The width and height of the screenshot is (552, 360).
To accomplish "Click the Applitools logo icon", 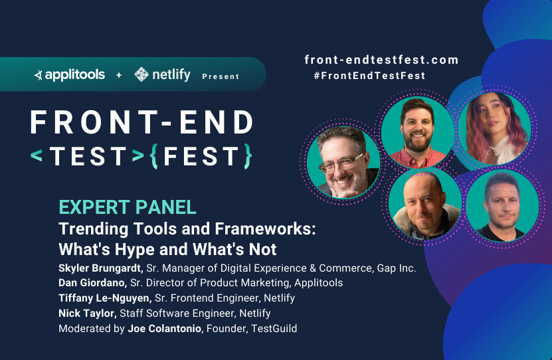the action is click(x=38, y=75).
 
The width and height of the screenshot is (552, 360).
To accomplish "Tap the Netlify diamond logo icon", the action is click(x=141, y=74).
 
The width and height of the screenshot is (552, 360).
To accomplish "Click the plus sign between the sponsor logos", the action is click(x=119, y=75).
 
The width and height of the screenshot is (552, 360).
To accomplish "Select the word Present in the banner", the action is click(x=221, y=76).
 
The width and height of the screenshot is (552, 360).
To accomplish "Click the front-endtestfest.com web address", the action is click(x=381, y=60).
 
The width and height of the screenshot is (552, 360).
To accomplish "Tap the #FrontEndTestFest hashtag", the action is click(x=369, y=76).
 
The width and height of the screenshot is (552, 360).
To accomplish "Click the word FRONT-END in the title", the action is click(x=141, y=122).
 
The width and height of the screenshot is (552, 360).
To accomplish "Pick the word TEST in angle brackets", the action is click(x=88, y=156).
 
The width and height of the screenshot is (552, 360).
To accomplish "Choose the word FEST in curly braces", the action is click(x=201, y=156).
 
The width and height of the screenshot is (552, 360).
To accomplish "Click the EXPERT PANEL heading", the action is click(x=128, y=207).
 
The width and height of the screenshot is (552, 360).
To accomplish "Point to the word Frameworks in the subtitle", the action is click(x=266, y=228).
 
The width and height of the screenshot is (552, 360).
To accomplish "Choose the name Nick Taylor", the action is click(x=87, y=314).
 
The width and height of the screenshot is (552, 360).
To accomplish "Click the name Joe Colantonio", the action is click(x=164, y=329).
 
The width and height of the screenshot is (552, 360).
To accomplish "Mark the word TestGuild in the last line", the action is click(x=274, y=329).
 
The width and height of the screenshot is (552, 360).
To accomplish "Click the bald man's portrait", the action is click(x=425, y=205).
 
